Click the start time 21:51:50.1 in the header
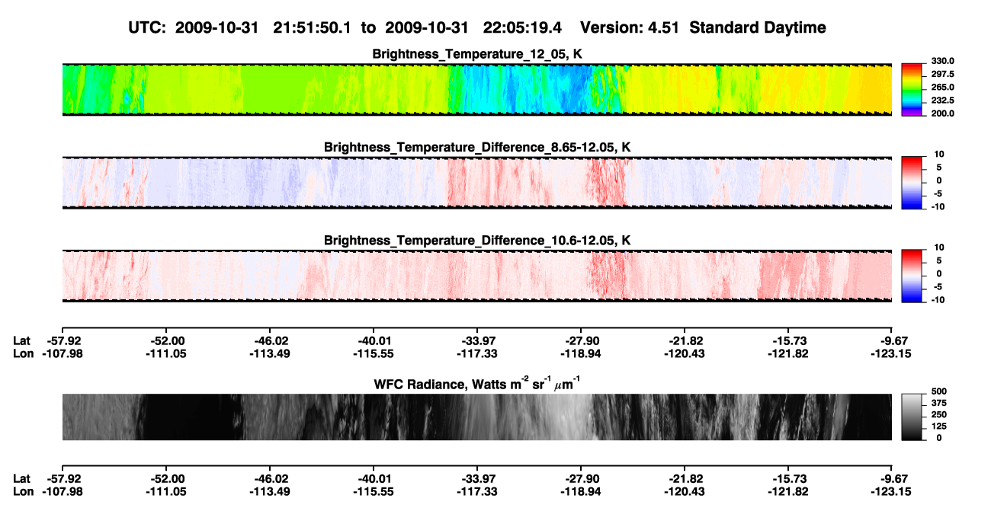pyautogui.click(x=312, y=27)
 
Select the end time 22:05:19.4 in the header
pyautogui.click(x=522, y=27)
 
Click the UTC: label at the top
pyautogui.click(x=147, y=27)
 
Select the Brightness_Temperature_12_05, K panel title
pyautogui.click(x=477, y=54)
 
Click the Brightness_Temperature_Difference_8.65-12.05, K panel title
pyautogui.click(x=477, y=147)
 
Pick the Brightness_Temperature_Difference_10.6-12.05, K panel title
pyautogui.click(x=477, y=241)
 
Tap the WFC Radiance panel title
pyautogui.click(x=477, y=384)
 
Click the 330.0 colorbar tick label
pyautogui.click(x=942, y=61)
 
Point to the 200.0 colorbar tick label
pyautogui.click(x=942, y=113)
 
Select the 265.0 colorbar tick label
pyautogui.click(x=942, y=87)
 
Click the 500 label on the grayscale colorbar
pyautogui.click(x=939, y=391)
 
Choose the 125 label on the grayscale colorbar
pyautogui.click(x=939, y=427)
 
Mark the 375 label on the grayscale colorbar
pyautogui.click(x=939, y=403)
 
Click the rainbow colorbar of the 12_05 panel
pyautogui.click(x=912, y=90)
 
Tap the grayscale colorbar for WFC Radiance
pyautogui.click(x=912, y=417)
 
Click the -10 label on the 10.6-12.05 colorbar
pyautogui.click(x=938, y=300)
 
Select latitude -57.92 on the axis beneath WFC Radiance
pyautogui.click(x=63, y=478)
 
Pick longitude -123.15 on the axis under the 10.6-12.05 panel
pyautogui.click(x=891, y=353)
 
